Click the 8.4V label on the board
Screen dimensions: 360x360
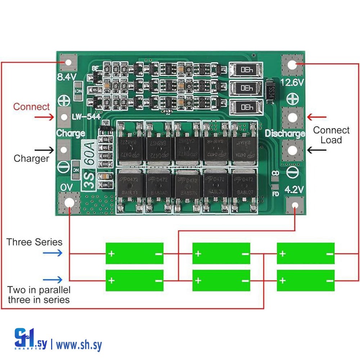pos(67,77)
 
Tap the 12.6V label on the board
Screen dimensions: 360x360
pos(292,82)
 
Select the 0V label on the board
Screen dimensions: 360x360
pos(67,187)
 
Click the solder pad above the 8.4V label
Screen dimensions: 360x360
pos(68,62)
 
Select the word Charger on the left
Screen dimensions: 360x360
pos(31,158)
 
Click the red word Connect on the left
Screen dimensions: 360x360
pos(31,107)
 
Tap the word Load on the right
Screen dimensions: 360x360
pos(331,140)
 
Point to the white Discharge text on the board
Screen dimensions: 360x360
pos(285,134)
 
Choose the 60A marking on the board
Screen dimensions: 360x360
pos(89,154)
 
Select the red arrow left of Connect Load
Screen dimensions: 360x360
pos(317,117)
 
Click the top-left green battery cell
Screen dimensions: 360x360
pos(134,253)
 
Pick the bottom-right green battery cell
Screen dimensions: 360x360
pos(306,280)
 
